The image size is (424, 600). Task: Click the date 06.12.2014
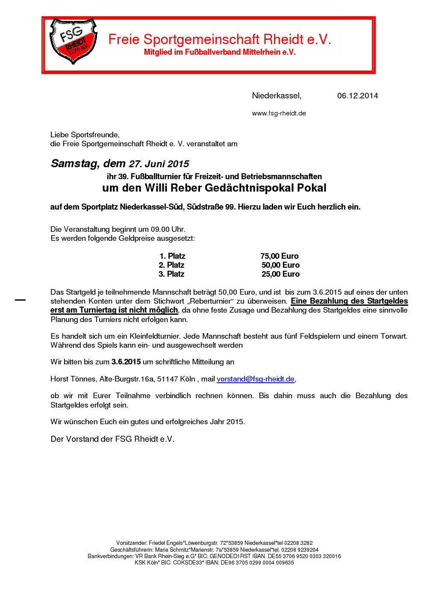coord(357,96)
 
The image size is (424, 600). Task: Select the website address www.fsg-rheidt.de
coord(279,113)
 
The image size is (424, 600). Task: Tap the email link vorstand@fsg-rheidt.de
coord(256,379)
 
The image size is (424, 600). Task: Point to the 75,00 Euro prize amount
coord(279,256)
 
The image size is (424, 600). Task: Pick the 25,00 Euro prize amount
coord(280,274)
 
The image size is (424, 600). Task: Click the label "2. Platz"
coord(171,265)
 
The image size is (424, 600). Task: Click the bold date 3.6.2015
coord(126,362)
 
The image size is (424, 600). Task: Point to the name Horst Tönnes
coord(73,379)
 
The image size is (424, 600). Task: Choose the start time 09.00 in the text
coord(160,229)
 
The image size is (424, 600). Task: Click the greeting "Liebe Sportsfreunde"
coord(85,135)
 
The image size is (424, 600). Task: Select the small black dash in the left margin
coord(20,300)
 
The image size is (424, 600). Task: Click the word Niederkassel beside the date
coord(276,96)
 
